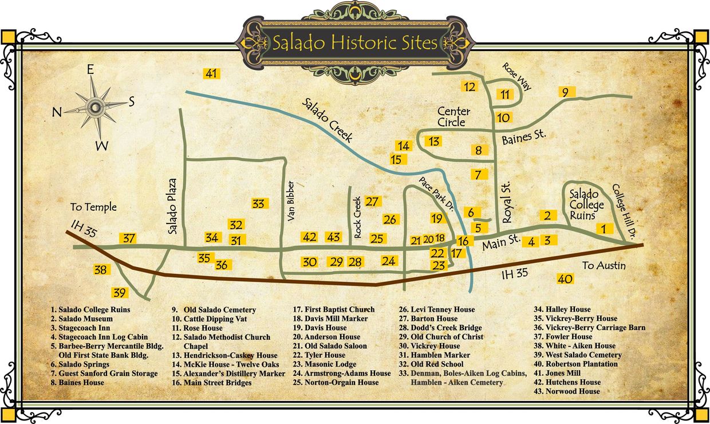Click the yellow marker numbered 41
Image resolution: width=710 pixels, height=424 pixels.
[x=212, y=73]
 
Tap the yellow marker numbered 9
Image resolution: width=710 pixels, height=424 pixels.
[x=565, y=92]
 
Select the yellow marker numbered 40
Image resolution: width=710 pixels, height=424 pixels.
[x=565, y=279]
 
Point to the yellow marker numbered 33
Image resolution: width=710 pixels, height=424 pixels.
[x=258, y=203]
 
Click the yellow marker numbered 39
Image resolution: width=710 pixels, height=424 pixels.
[x=120, y=292]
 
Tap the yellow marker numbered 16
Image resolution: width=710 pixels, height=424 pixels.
[x=464, y=241]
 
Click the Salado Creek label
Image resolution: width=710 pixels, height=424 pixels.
[x=328, y=121]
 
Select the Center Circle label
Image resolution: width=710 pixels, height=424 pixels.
[x=454, y=116]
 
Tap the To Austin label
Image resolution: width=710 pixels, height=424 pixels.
[x=604, y=265]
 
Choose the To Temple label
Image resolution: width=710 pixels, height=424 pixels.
[x=93, y=207]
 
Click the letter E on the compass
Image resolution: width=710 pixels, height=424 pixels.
[x=90, y=70]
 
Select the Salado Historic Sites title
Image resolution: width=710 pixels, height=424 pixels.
[x=354, y=43]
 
